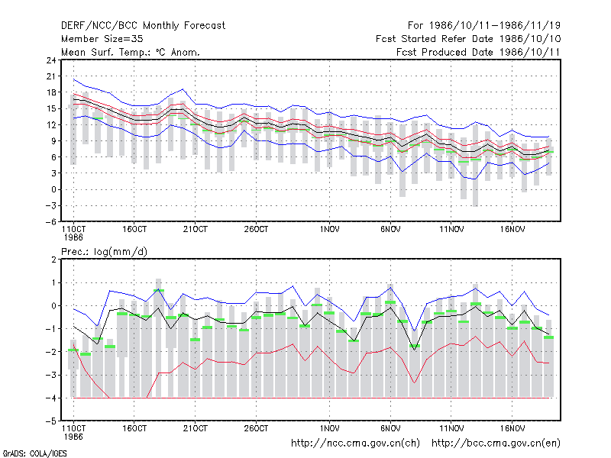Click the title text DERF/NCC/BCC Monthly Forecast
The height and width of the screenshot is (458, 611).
point(143,26)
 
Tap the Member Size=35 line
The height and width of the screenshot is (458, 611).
point(102,39)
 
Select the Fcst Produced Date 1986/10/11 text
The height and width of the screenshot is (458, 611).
point(478,52)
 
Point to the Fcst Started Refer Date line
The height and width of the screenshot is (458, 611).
point(468,39)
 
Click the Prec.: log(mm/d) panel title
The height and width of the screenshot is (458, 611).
point(104,252)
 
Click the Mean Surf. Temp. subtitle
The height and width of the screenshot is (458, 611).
point(131,52)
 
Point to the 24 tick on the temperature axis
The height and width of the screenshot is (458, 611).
point(51,60)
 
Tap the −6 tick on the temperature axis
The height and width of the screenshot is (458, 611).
point(50,221)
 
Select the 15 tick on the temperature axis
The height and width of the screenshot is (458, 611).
point(51,108)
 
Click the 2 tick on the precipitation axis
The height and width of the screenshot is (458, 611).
point(53,260)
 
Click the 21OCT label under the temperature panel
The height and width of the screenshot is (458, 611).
point(196,230)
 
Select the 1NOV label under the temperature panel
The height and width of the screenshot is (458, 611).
point(330,230)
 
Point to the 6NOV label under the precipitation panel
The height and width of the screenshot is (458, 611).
point(390,428)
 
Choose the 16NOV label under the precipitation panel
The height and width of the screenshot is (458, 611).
point(512,428)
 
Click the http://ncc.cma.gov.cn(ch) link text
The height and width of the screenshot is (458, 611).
point(355,443)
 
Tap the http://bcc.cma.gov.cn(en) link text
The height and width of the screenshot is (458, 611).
point(496,443)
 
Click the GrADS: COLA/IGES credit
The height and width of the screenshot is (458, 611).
point(34,453)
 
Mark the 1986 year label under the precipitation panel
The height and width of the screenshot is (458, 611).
point(73,437)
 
